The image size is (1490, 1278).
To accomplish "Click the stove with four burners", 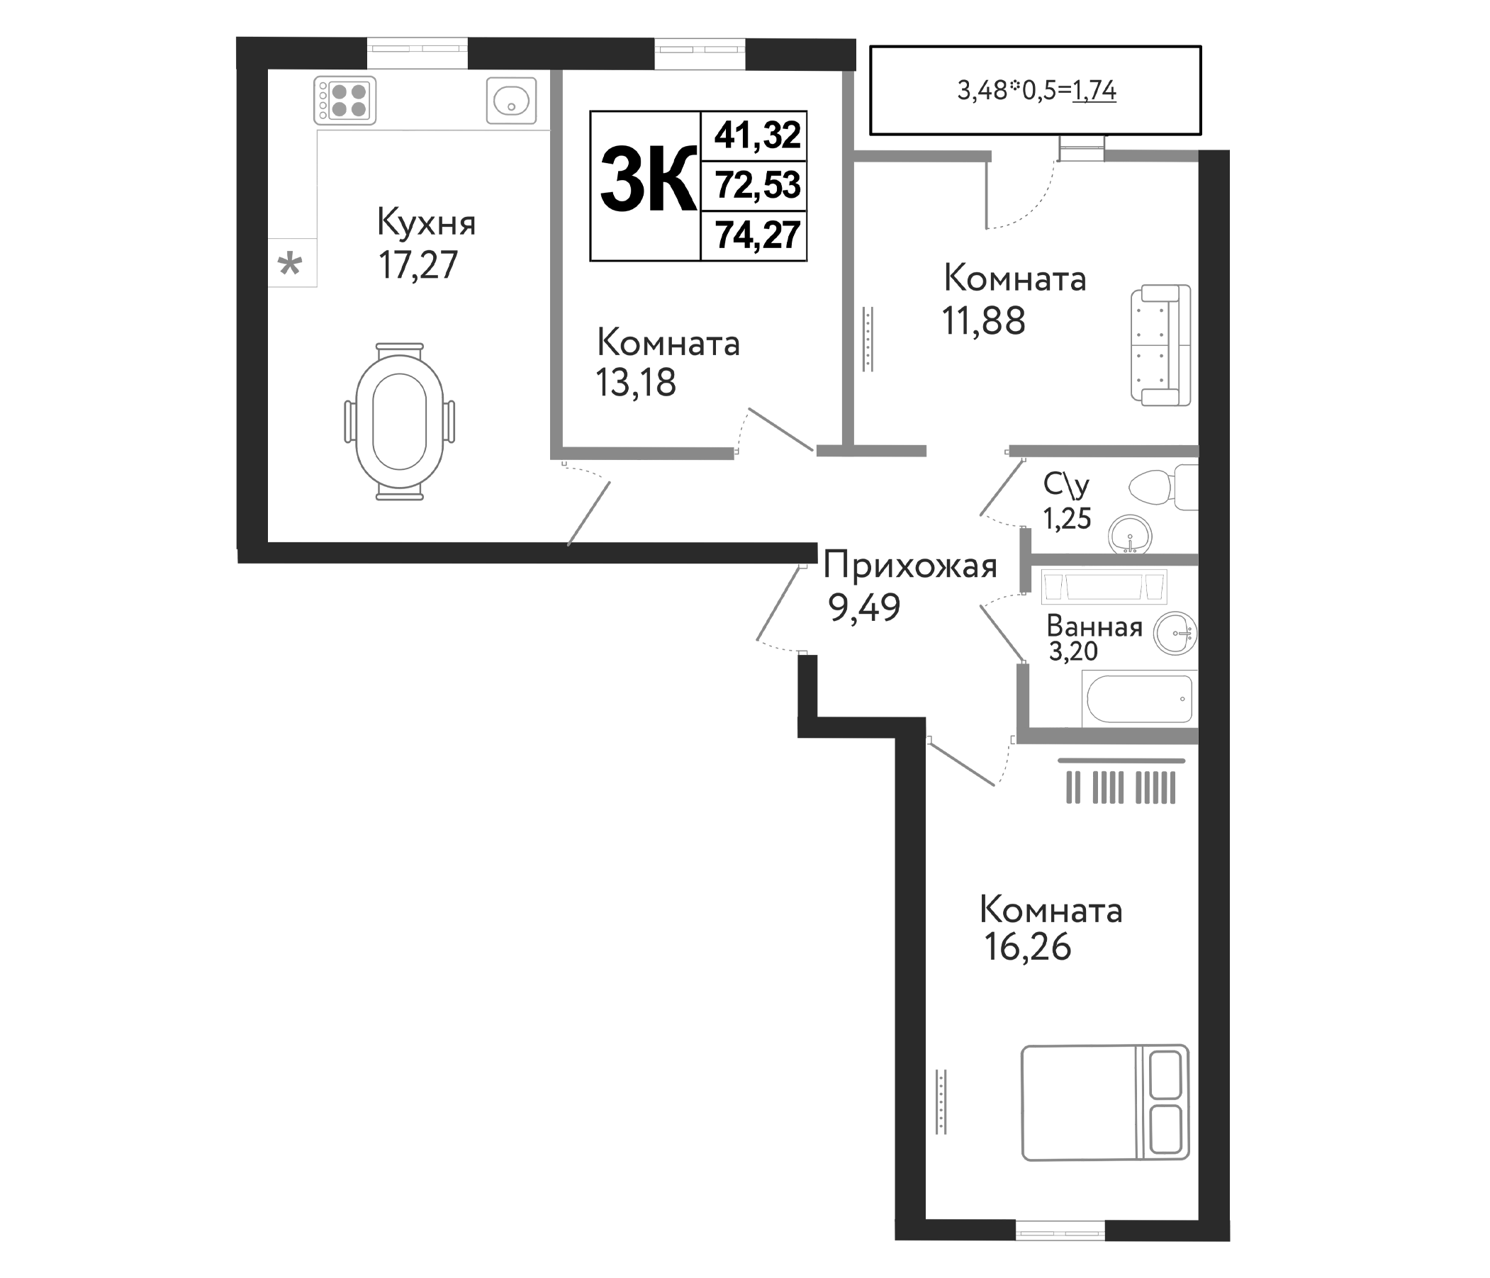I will coord(345,101).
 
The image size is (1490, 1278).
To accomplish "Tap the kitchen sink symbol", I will coord(511,101).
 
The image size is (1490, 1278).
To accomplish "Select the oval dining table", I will coord(399,422).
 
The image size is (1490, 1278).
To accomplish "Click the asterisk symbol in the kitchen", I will coord(290,264).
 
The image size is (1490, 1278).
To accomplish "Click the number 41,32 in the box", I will coord(756,135).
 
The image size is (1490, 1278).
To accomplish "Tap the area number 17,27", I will coord(418,265).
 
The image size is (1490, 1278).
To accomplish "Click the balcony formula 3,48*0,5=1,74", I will coord(1036,91).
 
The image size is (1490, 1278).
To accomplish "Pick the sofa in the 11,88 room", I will coord(1160,344).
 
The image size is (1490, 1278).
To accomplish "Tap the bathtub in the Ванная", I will coord(1139,698).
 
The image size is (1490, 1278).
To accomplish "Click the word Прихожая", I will coord(909,567).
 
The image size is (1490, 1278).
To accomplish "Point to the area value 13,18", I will coord(636,383).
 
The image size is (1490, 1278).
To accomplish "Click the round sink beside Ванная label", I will coord(1175,634).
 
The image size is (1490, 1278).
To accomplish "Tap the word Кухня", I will coord(426,224).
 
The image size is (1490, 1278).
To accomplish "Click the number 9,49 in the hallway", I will coord(863,608).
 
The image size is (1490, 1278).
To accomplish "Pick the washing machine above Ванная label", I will coord(1103,587).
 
